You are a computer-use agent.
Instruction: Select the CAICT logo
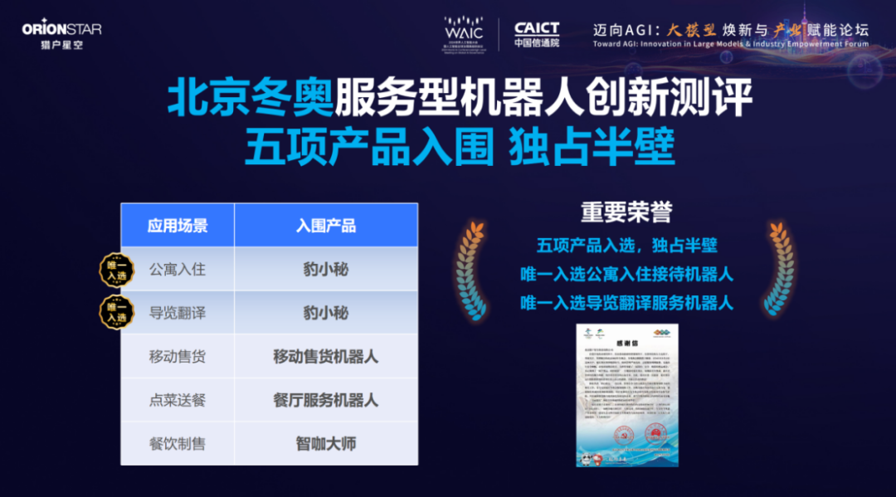tap(537, 34)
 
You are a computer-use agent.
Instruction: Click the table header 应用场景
tap(178, 226)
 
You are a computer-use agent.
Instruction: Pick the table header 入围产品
tap(326, 226)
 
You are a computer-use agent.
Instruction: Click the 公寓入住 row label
tap(178, 269)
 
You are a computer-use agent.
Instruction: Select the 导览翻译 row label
tap(178, 313)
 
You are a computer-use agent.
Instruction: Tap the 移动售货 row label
tap(178, 357)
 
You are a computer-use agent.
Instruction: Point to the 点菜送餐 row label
tap(178, 400)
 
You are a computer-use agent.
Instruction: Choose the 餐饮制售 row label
tap(178, 444)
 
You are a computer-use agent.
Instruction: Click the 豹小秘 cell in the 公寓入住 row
tap(326, 269)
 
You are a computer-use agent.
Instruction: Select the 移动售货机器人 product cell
tap(326, 357)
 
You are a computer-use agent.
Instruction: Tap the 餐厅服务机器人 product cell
tap(326, 400)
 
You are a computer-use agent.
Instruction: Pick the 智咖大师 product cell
tap(326, 444)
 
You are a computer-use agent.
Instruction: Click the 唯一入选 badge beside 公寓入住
tap(117, 270)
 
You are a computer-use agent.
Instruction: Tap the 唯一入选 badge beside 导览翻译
tap(117, 313)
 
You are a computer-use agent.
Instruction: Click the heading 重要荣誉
tap(626, 212)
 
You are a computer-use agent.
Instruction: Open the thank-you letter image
tap(627, 395)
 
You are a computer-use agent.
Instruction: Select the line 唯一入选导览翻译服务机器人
tap(626, 303)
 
